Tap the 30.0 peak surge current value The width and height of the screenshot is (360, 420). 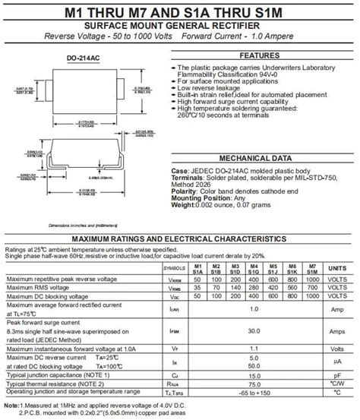click(254, 332)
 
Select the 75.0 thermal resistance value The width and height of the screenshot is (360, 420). click(254, 384)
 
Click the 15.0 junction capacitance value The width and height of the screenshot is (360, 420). click(254, 375)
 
